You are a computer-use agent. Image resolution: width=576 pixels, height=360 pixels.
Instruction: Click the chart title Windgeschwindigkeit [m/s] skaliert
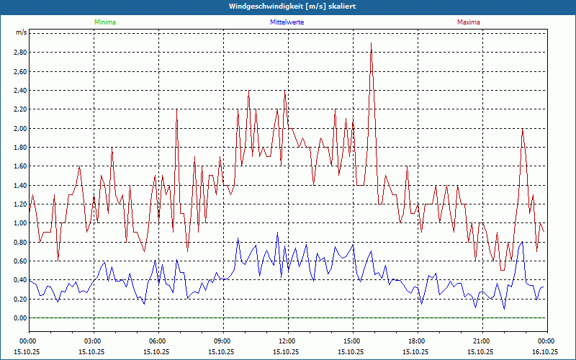[x=287, y=6]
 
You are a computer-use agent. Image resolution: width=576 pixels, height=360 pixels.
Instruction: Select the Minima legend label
[x=104, y=22]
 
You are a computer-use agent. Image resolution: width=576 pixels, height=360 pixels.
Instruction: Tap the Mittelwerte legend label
[x=287, y=22]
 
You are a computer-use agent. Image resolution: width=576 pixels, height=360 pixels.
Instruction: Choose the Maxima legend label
[x=469, y=22]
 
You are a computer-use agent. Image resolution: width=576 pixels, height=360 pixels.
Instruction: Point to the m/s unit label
[x=21, y=33]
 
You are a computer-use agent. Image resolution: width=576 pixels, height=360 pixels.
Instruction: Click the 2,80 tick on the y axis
[x=19, y=53]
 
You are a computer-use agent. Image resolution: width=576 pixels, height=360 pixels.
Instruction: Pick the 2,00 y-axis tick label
[x=19, y=128]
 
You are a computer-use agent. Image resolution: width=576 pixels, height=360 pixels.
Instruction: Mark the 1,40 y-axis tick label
[x=19, y=185]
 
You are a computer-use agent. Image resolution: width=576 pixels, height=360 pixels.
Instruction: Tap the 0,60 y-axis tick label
[x=19, y=261]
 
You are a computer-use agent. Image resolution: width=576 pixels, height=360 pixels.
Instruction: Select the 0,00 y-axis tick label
[x=19, y=318]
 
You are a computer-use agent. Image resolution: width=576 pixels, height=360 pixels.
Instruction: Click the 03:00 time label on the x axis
[x=93, y=341]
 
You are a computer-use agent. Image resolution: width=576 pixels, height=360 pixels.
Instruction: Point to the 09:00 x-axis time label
[x=222, y=341]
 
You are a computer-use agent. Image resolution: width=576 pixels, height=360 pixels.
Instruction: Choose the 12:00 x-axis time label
[x=287, y=341]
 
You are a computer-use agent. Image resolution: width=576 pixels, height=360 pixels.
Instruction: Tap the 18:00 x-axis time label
[x=417, y=341]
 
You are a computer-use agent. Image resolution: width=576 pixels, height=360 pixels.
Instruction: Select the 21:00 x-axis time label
[x=482, y=341]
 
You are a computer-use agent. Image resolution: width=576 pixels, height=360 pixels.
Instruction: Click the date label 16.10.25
[x=545, y=352]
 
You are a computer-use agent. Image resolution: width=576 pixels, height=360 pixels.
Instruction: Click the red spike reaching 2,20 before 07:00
[x=176, y=110]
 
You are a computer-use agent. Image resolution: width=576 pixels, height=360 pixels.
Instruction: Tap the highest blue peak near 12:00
[x=278, y=233]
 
